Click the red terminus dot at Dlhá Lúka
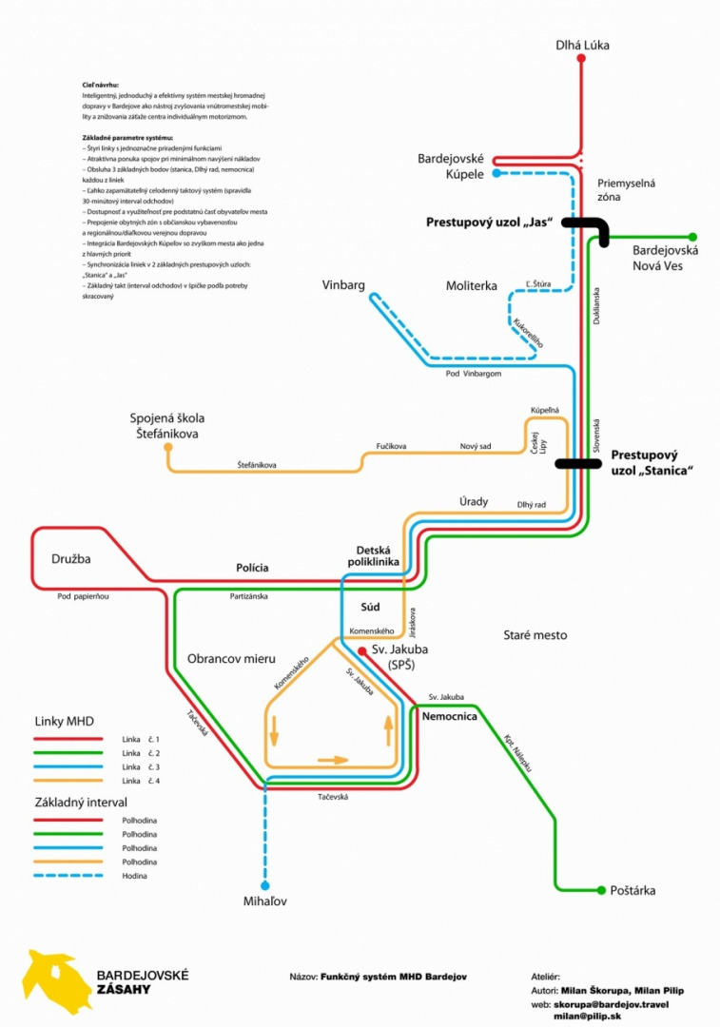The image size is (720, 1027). (x=581, y=59)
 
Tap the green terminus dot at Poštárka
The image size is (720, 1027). (x=601, y=891)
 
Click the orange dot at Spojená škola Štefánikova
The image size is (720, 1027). (x=168, y=446)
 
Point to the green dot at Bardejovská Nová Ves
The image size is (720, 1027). (x=693, y=237)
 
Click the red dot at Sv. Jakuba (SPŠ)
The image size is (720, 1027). (x=362, y=650)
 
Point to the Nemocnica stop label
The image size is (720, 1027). (x=449, y=716)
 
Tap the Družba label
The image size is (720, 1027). (x=71, y=559)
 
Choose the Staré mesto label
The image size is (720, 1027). (x=534, y=634)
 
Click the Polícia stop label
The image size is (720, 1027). (x=252, y=568)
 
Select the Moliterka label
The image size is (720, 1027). (x=471, y=285)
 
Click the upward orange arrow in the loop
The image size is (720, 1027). (x=388, y=730)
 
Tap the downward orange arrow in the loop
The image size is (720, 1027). (x=276, y=731)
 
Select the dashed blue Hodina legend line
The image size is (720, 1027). (x=73, y=875)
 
